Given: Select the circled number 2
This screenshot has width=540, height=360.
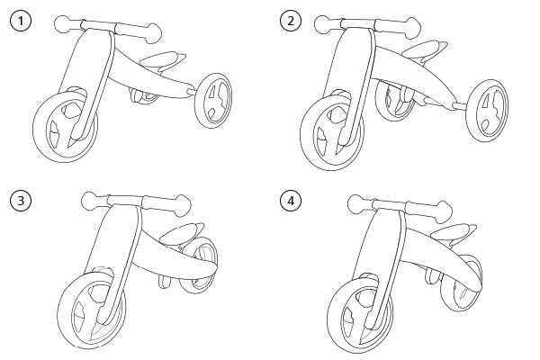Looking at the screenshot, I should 289,21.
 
